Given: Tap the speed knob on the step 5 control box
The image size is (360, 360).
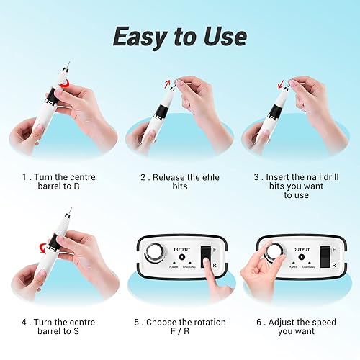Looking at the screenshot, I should coord(154,253).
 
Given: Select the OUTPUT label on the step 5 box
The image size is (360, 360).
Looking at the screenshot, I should coord(181,249).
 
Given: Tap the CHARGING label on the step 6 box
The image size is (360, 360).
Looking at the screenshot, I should coord(309,266).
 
